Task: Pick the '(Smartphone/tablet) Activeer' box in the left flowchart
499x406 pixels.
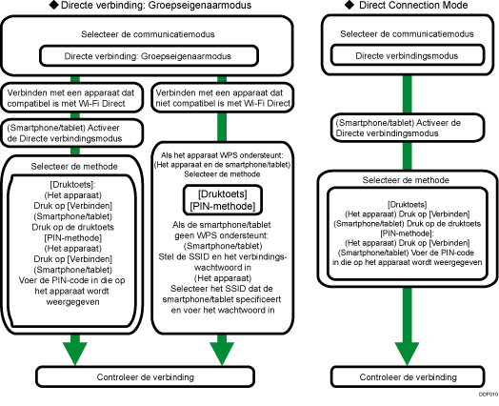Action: (72, 132)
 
